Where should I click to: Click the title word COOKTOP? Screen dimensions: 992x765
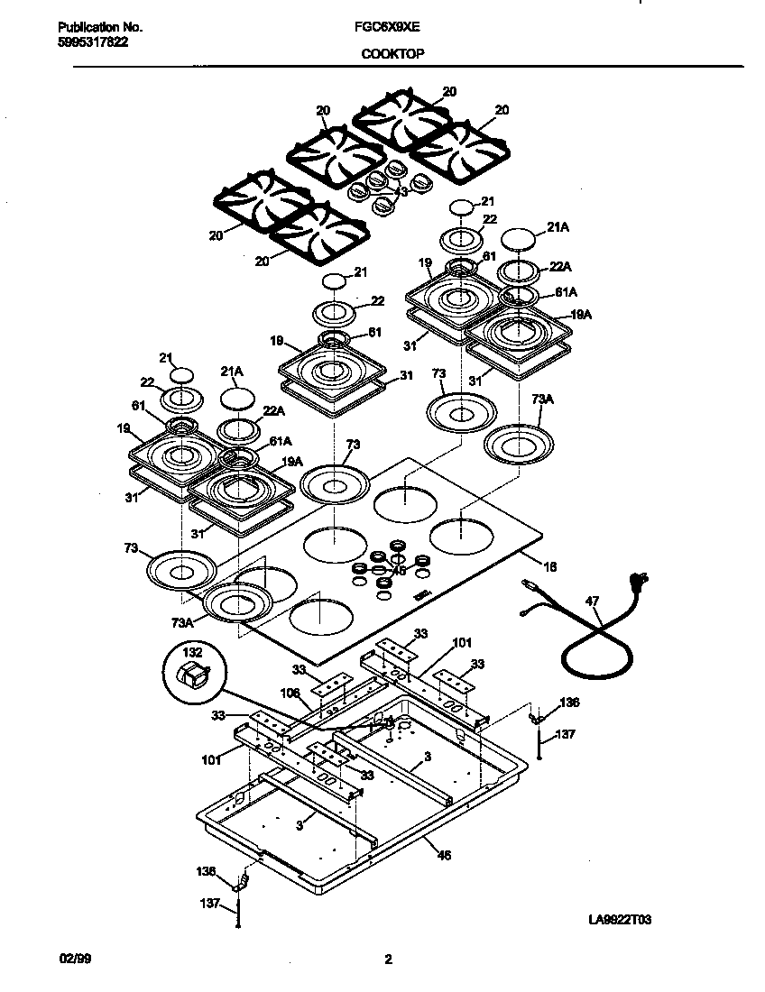tap(393, 53)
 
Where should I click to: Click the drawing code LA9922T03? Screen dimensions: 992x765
tap(620, 920)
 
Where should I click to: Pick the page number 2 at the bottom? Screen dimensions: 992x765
tap(388, 960)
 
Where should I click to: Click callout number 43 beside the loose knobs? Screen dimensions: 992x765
tap(401, 191)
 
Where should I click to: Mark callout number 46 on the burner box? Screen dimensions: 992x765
tap(444, 855)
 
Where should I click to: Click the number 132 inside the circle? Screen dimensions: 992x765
tap(193, 651)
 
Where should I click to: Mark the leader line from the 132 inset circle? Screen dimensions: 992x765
tap(298, 708)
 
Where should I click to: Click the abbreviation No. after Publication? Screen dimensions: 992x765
tap(130, 28)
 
